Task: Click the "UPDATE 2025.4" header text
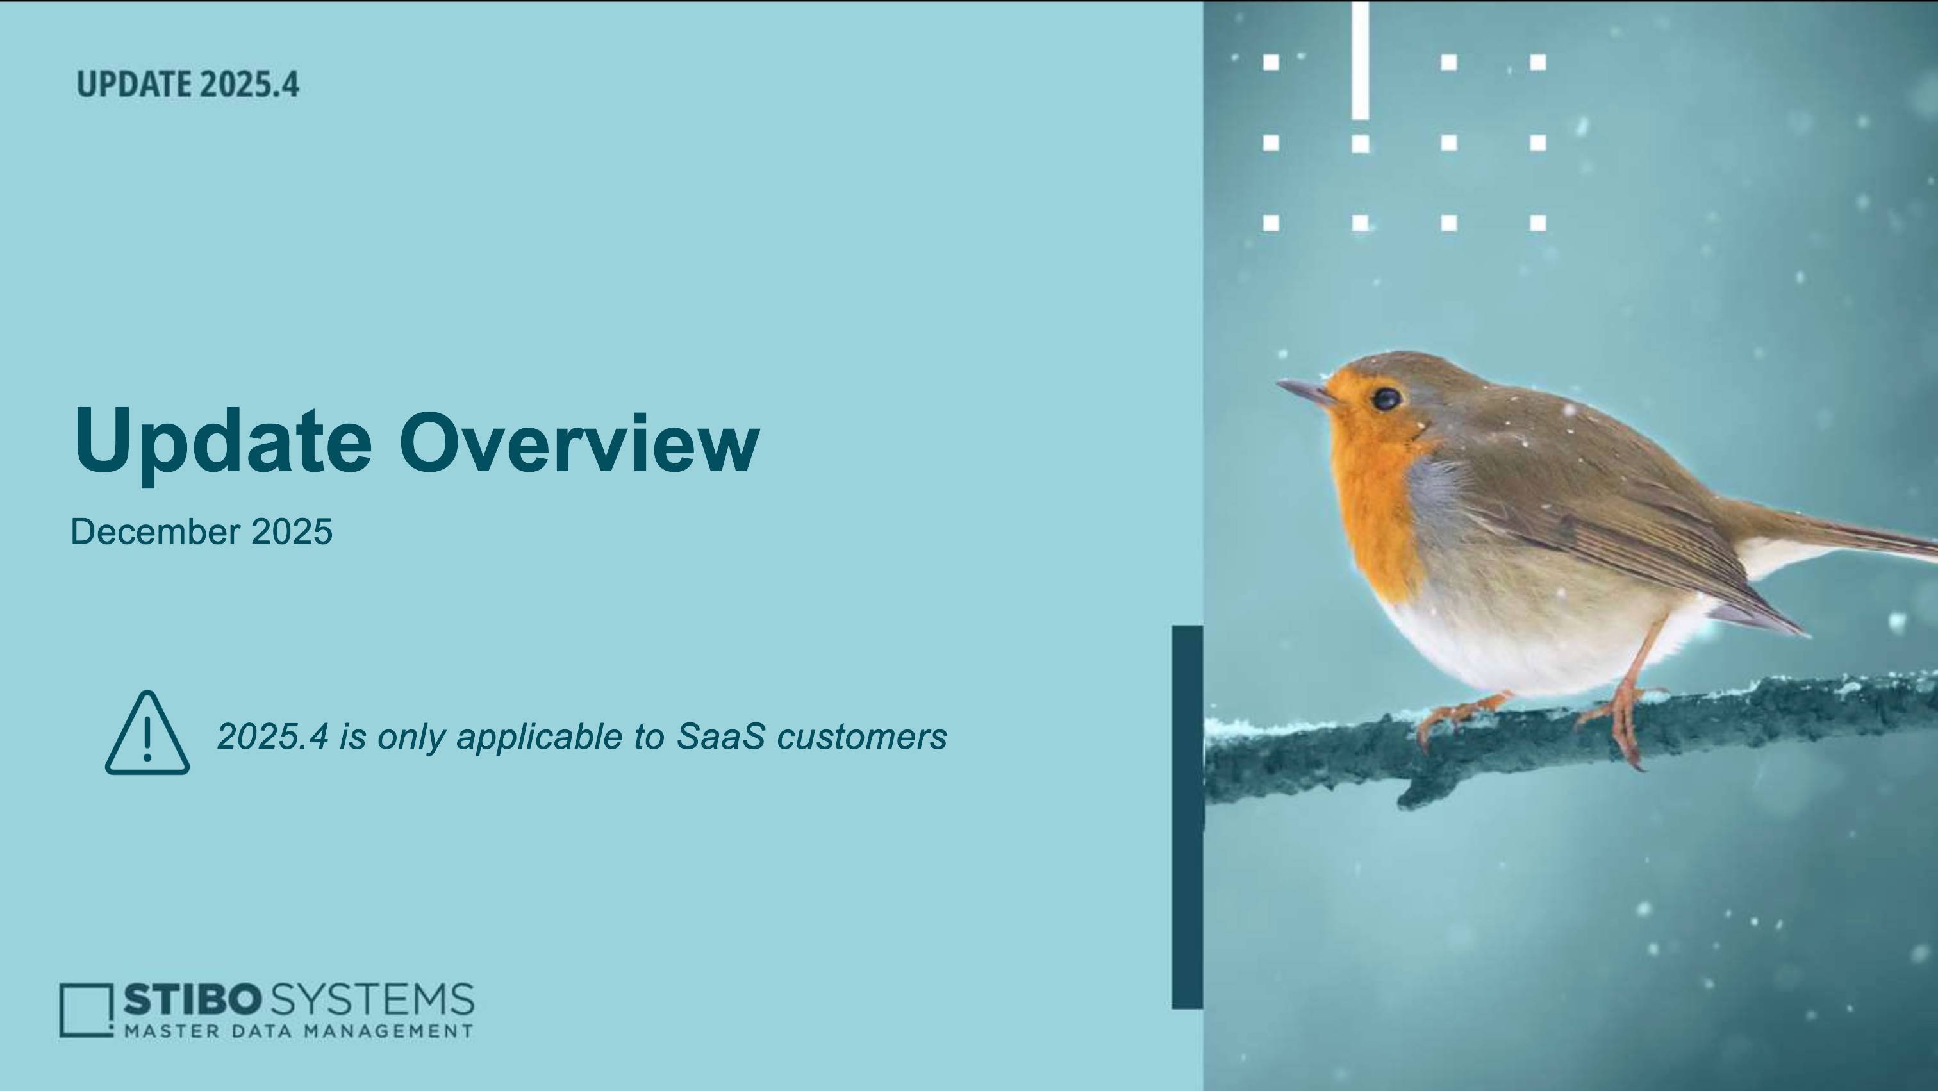click(x=188, y=84)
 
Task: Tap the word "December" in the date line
click(x=155, y=532)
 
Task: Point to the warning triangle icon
click(x=147, y=733)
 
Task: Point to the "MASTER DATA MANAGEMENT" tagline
click(x=299, y=1031)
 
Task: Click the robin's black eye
click(x=1386, y=398)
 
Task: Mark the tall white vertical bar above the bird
click(x=1359, y=60)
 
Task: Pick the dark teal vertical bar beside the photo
click(x=1187, y=817)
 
